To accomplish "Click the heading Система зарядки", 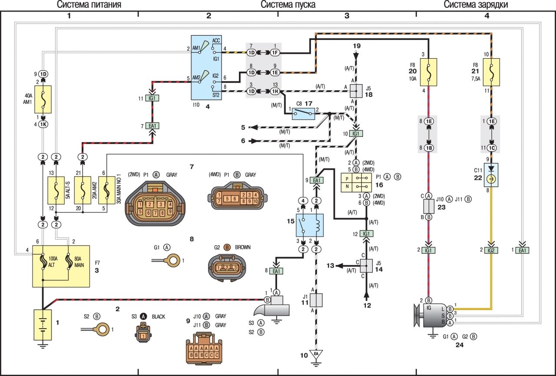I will (476, 5).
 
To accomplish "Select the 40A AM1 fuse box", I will (43, 100).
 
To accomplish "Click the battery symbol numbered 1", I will (42, 324).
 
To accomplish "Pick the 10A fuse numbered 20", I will (428, 72).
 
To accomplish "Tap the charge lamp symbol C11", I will (491, 175).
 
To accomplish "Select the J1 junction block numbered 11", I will (316, 300).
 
